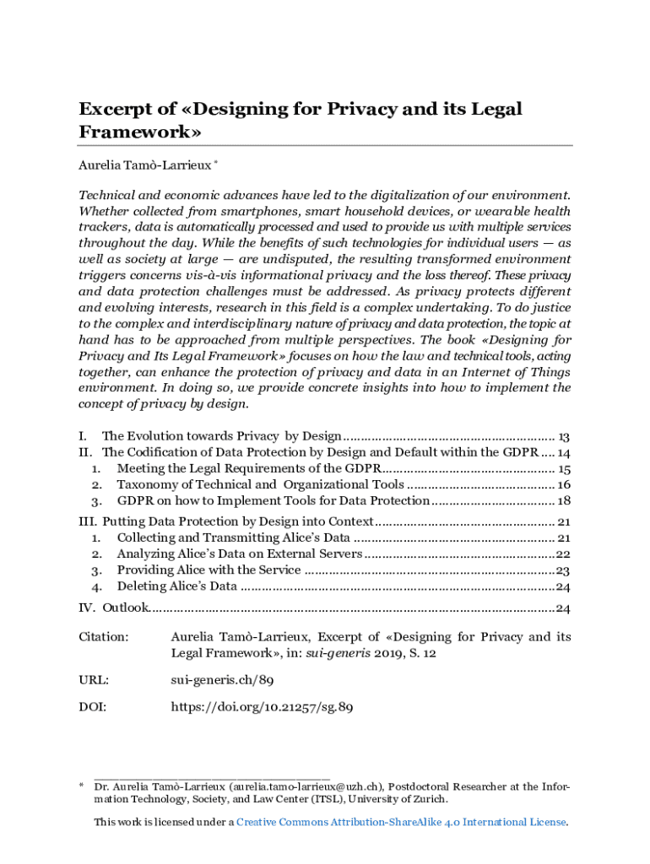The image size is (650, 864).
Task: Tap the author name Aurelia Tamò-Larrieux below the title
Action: point(150,165)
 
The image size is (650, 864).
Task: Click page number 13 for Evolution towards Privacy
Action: point(565,436)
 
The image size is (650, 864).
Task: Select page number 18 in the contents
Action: point(565,500)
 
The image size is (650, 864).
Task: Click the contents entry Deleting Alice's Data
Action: point(176,586)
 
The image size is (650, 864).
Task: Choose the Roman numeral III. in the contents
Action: point(88,521)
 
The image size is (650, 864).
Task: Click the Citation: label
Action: point(104,637)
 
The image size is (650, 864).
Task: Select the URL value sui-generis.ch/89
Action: point(221,679)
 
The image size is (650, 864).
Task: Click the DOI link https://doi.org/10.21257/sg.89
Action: point(262,708)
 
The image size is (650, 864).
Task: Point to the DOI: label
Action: point(93,708)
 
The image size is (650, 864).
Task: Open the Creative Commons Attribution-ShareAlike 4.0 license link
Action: point(401,822)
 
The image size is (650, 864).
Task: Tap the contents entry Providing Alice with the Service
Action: point(209,570)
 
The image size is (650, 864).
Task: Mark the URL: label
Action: point(94,679)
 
